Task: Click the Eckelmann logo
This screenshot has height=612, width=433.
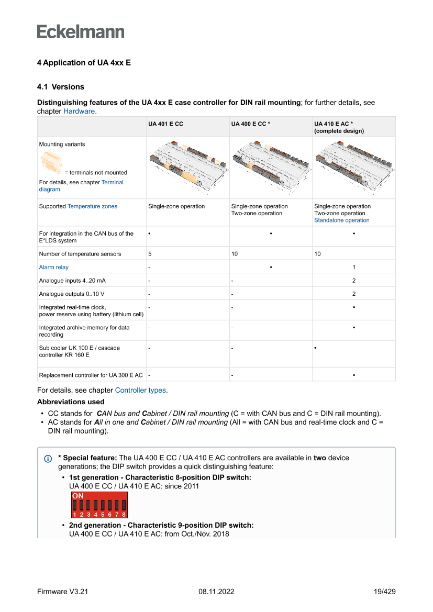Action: (81, 32)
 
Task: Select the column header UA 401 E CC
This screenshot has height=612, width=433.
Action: (165, 124)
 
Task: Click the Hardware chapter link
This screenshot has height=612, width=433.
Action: (79, 112)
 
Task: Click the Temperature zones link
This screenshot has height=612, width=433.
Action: (92, 206)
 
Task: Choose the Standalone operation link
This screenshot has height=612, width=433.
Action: (341, 220)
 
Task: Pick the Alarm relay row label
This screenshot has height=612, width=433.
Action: (53, 267)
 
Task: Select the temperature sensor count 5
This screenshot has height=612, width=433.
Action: (150, 254)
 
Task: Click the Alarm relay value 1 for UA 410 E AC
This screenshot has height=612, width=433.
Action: (354, 267)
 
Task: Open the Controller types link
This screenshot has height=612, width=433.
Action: (140, 390)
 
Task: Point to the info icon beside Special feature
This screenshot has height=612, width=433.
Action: (48, 459)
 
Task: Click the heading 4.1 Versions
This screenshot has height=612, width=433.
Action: (60, 87)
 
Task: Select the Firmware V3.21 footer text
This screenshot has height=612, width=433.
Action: (62, 592)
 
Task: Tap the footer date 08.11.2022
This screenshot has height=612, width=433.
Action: (216, 592)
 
